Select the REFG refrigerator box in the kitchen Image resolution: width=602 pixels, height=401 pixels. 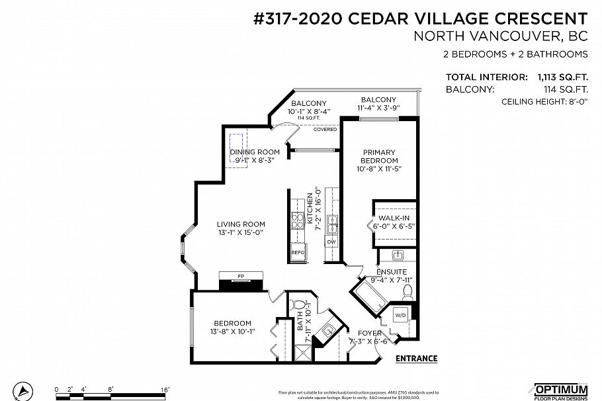pyautogui.click(x=298, y=252)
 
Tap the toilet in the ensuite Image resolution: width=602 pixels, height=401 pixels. pyautogui.click(x=408, y=290)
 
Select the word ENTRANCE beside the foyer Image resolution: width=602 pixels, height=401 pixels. pyautogui.click(x=416, y=359)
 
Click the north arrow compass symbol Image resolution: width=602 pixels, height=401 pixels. pyautogui.click(x=24, y=390)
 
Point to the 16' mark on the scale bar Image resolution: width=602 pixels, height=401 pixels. pyautogui.click(x=165, y=388)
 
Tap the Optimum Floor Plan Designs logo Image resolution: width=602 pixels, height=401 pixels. pyautogui.click(x=560, y=391)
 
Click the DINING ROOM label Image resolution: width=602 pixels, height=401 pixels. pyautogui.click(x=251, y=152)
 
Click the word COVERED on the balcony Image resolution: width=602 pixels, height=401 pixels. pyautogui.click(x=325, y=130)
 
